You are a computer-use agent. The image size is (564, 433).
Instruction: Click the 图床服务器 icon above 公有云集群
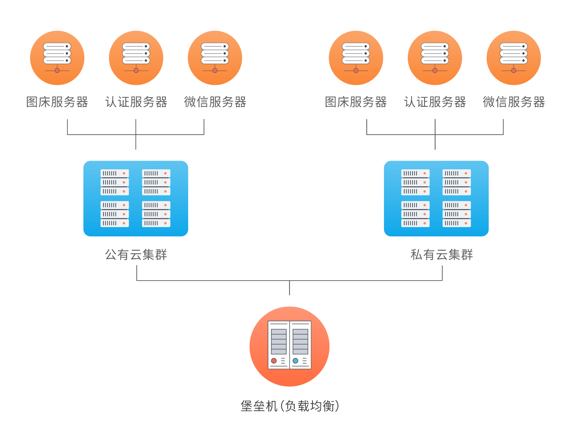coord(57,58)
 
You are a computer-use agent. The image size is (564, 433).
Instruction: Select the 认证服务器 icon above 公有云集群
coord(136,58)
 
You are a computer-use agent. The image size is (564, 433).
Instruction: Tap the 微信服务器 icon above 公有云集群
coord(215,58)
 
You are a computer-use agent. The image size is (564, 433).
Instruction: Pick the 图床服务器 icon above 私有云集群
coord(356,58)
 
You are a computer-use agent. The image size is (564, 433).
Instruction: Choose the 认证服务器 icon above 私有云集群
coord(435,58)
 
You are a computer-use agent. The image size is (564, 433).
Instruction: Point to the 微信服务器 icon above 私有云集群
coord(514,58)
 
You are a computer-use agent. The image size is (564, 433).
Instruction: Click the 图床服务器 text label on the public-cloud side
coord(57,102)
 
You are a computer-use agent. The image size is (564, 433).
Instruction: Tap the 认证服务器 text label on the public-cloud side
coord(136,102)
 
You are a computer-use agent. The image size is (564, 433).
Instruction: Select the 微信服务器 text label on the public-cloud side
coord(215,102)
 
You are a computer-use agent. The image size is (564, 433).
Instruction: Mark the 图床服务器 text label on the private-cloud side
coord(356,102)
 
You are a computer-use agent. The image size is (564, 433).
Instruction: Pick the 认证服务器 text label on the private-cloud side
coord(435,102)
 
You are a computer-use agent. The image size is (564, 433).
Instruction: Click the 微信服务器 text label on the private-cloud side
coord(514,102)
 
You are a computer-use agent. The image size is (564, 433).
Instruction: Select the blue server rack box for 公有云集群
coord(135,198)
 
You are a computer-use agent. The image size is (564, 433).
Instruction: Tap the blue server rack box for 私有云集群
coord(436,198)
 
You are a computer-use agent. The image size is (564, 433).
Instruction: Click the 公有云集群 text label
coord(136,255)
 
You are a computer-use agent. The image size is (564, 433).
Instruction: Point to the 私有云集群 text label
coord(441,255)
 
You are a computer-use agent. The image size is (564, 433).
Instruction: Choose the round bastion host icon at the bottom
coord(290,346)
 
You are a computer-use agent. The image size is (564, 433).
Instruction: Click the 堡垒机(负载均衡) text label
coord(290,406)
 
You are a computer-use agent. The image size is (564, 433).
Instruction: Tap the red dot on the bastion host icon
coord(274,361)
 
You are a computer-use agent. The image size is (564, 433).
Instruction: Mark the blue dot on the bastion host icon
coord(296,361)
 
